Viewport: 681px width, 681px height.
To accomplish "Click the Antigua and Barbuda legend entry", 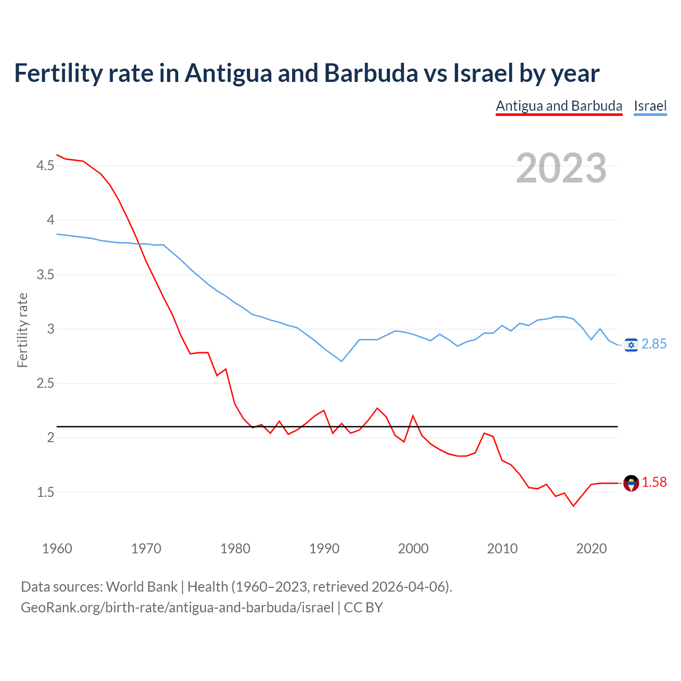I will coord(559,106).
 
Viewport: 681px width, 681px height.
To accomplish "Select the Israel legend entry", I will coord(650,106).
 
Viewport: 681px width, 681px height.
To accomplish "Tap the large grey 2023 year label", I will coord(561,168).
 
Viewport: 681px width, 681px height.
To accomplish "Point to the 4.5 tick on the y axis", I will coord(45,166).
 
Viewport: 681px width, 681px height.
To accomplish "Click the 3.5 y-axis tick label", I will coord(45,275).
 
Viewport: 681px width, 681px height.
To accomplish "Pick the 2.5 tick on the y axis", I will coord(45,384).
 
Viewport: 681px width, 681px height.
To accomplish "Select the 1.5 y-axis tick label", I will coord(45,493).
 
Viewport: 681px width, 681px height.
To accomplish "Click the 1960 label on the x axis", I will coord(57,549).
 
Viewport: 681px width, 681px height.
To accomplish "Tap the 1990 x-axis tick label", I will coord(324,549).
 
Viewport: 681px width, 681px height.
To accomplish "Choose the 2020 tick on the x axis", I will coord(591,549).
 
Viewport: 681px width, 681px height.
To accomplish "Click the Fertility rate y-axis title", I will coord(22,330).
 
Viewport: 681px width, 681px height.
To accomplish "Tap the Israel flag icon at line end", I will coord(631,345).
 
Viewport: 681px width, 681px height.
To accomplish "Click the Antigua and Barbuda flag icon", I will coord(631,483).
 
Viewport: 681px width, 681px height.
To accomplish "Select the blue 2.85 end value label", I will coord(654,344).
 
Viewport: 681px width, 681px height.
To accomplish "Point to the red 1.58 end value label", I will coord(654,482).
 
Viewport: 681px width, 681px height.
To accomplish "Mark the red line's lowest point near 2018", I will coord(573,506).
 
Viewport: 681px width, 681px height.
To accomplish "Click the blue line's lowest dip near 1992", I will coord(342,361).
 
